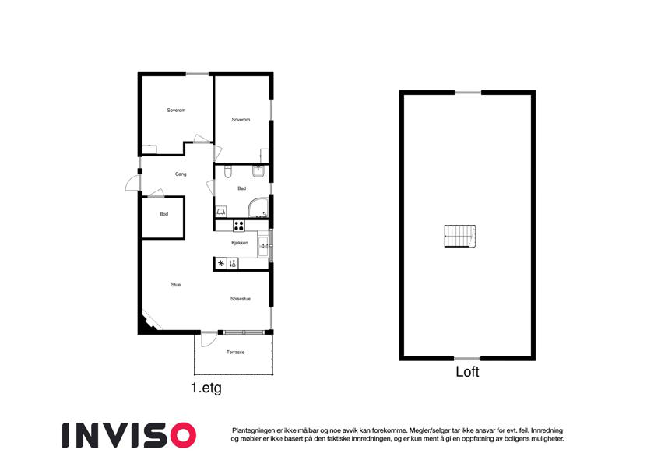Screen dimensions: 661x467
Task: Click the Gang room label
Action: (x=181, y=174)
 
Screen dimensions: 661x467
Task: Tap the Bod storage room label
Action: (x=164, y=214)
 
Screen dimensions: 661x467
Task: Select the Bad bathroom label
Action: (x=241, y=188)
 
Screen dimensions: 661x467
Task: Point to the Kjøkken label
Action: (x=240, y=243)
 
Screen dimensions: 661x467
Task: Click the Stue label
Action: (x=176, y=285)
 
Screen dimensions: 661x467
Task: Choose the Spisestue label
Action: (x=241, y=299)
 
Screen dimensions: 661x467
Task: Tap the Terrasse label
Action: (x=236, y=353)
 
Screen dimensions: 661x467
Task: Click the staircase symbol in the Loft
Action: (x=460, y=237)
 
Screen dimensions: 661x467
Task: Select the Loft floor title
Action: (x=467, y=372)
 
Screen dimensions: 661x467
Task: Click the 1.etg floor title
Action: (x=206, y=388)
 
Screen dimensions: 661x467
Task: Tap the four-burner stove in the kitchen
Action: (x=238, y=226)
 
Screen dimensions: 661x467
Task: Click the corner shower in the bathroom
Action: (x=258, y=207)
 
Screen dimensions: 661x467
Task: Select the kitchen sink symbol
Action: (x=263, y=247)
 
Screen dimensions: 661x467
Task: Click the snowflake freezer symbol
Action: (x=221, y=264)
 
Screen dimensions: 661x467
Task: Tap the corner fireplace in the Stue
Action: (x=149, y=321)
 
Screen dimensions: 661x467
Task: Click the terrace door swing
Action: (x=208, y=339)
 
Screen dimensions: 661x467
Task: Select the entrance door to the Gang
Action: (x=133, y=182)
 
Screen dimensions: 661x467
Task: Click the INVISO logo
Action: (x=129, y=435)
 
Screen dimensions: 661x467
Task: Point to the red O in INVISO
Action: (x=182, y=435)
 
